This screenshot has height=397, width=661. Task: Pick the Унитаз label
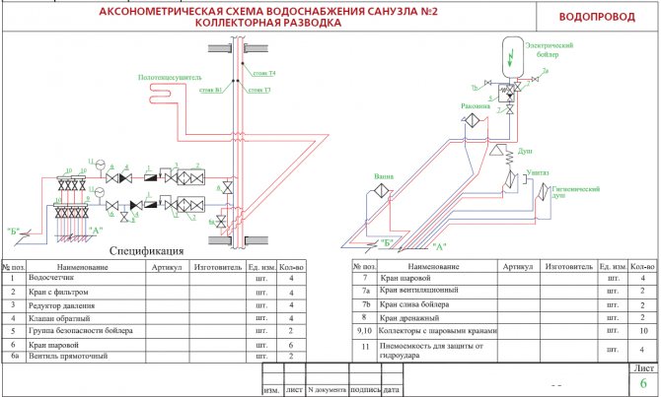coord(538,170)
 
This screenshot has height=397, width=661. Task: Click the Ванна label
coord(383,177)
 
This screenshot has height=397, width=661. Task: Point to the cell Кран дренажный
coord(405,318)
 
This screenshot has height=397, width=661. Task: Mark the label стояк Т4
coord(263,73)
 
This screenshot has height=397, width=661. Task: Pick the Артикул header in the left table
coord(166,267)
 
